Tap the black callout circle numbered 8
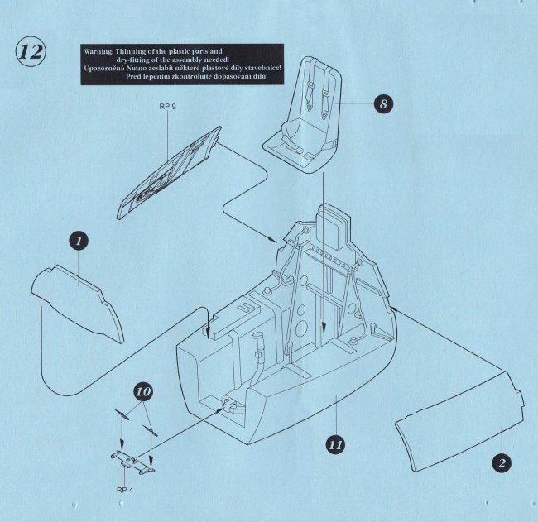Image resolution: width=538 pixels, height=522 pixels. click(x=382, y=105)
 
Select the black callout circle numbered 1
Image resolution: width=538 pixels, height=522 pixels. click(x=79, y=241)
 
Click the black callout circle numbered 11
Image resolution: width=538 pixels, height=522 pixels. click(x=335, y=444)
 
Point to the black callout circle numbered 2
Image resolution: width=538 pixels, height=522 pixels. click(x=499, y=461)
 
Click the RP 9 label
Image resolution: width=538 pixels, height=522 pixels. click(x=168, y=108)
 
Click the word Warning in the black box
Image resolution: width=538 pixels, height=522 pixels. click(x=100, y=51)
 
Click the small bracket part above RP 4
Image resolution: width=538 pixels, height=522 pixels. click(x=132, y=462)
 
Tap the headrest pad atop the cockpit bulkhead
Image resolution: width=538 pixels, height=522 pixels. click(x=335, y=223)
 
